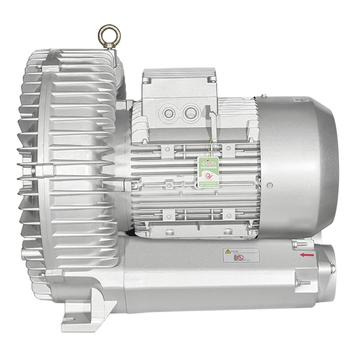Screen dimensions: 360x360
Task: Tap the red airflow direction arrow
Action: (x=307, y=255)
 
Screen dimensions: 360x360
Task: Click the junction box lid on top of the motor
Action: (x=179, y=76)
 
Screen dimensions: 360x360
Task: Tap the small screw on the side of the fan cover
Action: (x=270, y=184)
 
